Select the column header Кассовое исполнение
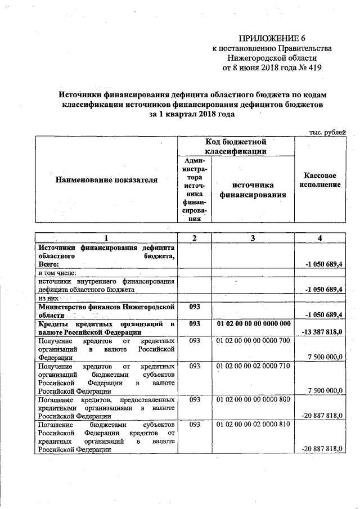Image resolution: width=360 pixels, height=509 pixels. [320, 180]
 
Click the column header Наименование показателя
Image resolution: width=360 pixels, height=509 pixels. [106, 180]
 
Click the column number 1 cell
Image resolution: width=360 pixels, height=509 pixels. [106, 238]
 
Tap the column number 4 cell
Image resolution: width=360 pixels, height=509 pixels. [319, 238]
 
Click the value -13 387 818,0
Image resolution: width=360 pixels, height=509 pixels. [322, 332]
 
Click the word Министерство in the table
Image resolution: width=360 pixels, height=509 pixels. [64, 307]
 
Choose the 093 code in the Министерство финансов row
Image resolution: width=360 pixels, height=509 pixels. [195, 307]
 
